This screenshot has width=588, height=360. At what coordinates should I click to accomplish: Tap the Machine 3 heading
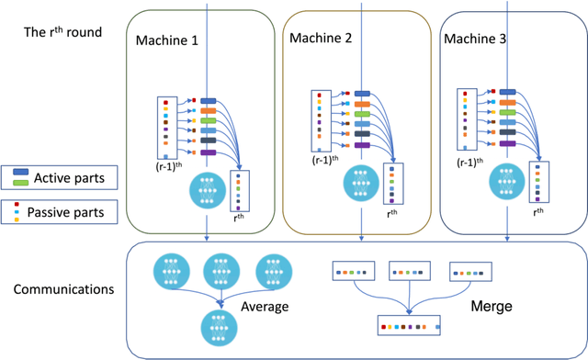click(475, 38)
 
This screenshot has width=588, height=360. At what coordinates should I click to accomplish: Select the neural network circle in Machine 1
click(209, 194)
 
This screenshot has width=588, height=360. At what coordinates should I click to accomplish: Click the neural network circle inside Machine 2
click(360, 182)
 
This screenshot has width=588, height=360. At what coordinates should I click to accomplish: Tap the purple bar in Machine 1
click(208, 152)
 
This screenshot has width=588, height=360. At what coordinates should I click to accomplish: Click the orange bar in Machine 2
click(361, 104)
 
